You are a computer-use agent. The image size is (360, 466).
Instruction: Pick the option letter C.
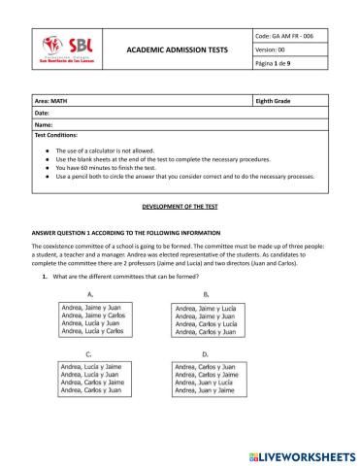coord(89,353)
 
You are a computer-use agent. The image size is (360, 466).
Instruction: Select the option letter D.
coord(205,353)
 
